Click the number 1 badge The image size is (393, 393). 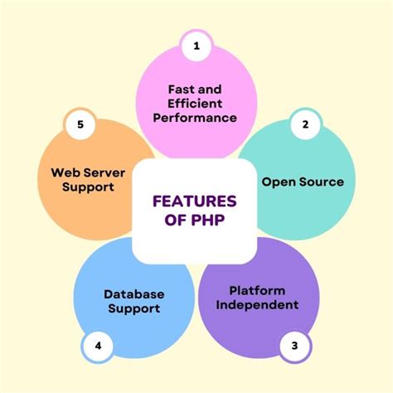pos(196,46)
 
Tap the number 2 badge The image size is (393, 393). pos(305,125)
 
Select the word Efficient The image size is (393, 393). pos(196,103)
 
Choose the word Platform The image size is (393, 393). pos(257,290)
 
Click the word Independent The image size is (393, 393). pos(257,305)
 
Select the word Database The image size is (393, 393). pos(134,294)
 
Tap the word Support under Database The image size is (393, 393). pos(134,309)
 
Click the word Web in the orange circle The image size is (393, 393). pos(65,172)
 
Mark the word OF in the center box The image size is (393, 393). pos(169,221)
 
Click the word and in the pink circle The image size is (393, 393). pos(211,88)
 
